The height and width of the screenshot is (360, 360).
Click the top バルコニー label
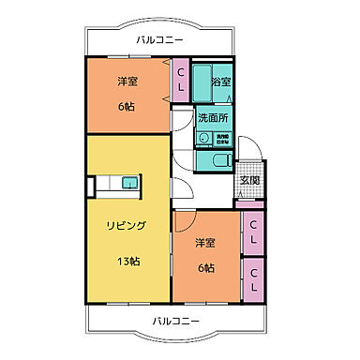(x=158, y=39)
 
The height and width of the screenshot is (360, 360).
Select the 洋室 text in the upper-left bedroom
(x=127, y=81)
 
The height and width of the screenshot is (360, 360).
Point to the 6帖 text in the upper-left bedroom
(x=127, y=107)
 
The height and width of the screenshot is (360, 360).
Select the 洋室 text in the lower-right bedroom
(x=206, y=243)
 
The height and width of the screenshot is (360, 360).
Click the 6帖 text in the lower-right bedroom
(x=206, y=268)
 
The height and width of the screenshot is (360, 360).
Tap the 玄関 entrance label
(x=249, y=180)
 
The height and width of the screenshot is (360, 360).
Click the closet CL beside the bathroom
(x=181, y=81)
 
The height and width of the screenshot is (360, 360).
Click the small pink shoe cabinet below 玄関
(x=249, y=203)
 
